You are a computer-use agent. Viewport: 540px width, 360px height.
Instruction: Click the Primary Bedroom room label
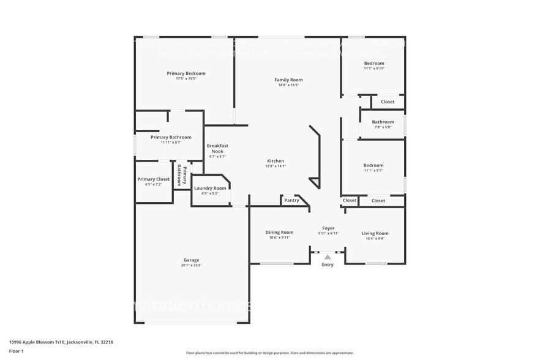click(x=186, y=73)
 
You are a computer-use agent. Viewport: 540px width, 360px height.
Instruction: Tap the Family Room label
click(x=288, y=80)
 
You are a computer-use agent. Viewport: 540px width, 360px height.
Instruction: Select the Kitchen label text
click(x=276, y=161)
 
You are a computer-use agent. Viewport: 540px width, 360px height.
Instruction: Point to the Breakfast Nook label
click(x=217, y=148)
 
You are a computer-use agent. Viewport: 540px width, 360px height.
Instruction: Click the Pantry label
click(x=291, y=200)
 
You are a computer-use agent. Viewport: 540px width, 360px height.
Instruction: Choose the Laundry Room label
click(x=210, y=188)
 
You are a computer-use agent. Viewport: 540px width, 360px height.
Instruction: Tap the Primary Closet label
click(x=153, y=179)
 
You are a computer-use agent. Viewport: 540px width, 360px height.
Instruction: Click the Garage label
click(x=191, y=260)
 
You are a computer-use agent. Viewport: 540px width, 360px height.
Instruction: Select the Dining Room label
click(x=279, y=232)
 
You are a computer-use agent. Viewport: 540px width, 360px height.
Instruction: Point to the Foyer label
click(x=328, y=228)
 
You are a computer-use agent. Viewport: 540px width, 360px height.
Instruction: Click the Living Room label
click(x=375, y=233)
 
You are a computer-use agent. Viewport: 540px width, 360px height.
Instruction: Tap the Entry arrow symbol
click(x=328, y=257)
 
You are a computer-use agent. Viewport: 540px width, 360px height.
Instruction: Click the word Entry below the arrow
click(x=328, y=264)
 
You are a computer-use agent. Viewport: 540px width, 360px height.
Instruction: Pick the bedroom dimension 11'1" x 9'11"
click(x=373, y=69)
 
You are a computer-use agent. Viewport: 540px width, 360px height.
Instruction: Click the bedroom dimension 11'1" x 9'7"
click(x=373, y=170)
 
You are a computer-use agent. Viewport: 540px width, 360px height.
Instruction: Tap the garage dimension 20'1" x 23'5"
click(x=191, y=265)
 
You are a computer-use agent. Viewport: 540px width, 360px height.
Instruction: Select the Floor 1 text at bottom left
click(x=16, y=351)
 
